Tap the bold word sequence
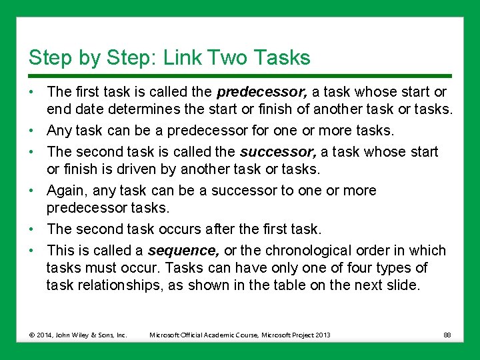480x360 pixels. tap(183, 251)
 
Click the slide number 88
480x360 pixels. tap(446, 335)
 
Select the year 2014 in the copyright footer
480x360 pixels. tap(44, 335)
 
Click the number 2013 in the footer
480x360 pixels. tap(321, 335)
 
